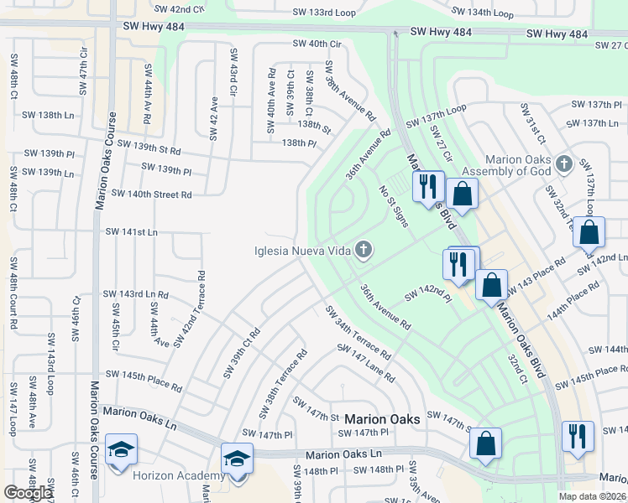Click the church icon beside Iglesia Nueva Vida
click(363, 249)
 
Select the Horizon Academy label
click(167, 475)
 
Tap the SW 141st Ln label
click(131, 231)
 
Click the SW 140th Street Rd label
click(151, 194)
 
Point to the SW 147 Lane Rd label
click(365, 363)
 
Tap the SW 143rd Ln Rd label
click(136, 294)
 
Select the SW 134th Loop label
click(482, 13)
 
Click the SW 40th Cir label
click(317, 44)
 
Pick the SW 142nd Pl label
click(428, 293)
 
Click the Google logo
click(28, 493)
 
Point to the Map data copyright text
click(593, 496)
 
